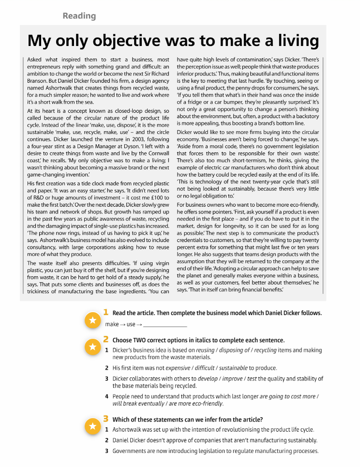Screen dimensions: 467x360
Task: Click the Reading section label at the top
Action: (79, 16)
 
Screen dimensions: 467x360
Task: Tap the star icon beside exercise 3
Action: (92, 426)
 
